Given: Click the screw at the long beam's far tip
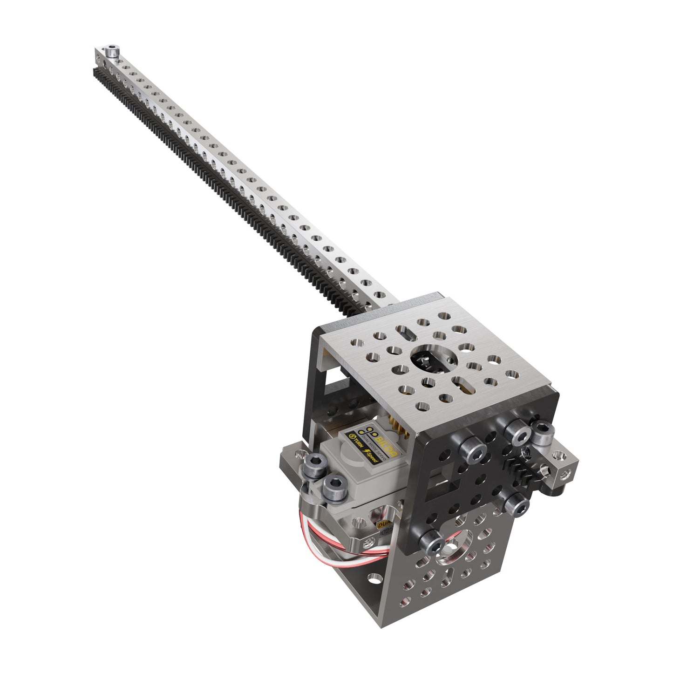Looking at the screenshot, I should [111, 50].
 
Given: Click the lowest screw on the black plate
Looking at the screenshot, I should [432, 541].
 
